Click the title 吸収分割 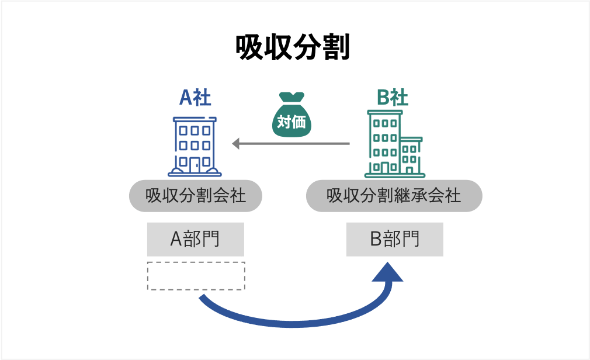tap(293, 48)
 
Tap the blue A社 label tap(195, 98)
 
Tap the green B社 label tap(393, 98)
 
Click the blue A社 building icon tap(195, 146)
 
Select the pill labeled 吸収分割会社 tap(195, 196)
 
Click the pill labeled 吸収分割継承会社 tap(394, 196)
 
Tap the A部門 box tap(195, 239)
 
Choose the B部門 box tap(394, 239)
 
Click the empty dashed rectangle tap(196, 276)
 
